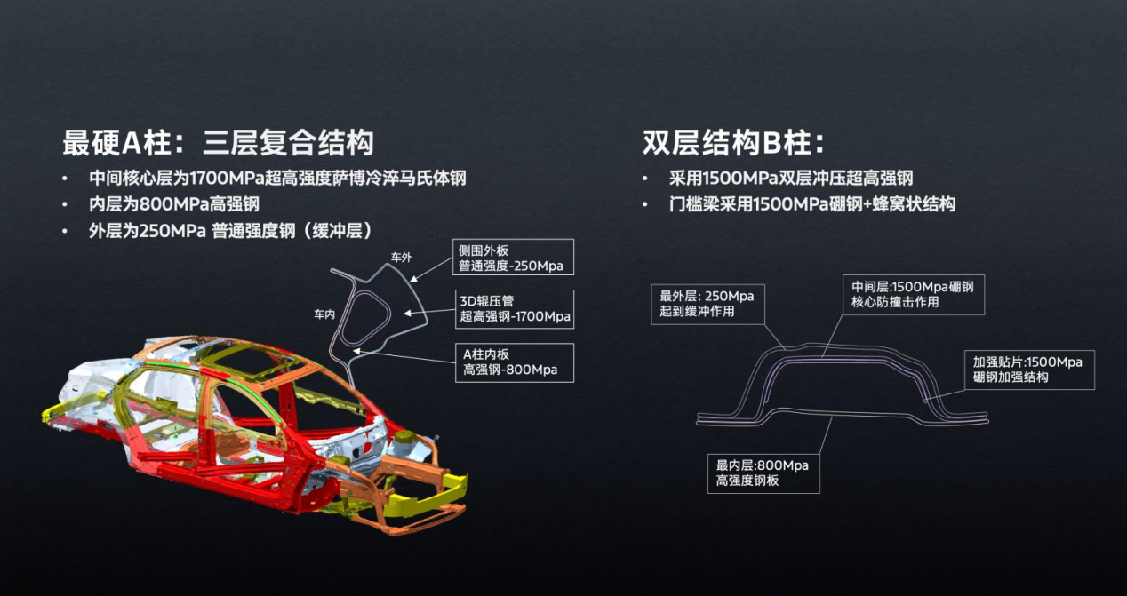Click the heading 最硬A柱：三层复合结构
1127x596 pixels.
(218, 142)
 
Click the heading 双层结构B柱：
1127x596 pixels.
(733, 142)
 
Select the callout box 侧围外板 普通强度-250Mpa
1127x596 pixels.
(511, 258)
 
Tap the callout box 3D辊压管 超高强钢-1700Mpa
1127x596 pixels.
(513, 308)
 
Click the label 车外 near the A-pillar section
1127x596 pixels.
(402, 258)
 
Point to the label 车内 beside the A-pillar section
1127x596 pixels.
(324, 314)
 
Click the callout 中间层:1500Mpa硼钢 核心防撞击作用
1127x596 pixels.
(913, 294)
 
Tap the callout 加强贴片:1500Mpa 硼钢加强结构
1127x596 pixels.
(1027, 370)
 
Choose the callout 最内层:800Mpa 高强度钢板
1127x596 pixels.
(763, 473)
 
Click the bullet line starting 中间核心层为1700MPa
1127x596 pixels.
(277, 178)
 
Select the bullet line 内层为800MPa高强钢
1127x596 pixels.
(174, 204)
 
